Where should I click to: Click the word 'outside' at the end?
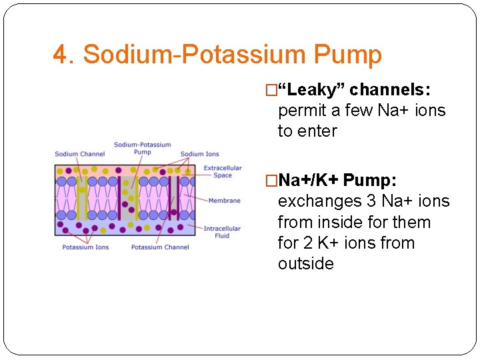coord(306,263)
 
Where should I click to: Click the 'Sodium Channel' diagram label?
coord(80,154)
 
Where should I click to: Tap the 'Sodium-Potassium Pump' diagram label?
coord(142,148)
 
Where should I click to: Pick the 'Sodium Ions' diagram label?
coord(200,154)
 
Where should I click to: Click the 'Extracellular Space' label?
coord(223,171)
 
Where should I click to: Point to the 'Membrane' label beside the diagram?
coord(224,200)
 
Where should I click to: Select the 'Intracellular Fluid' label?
coord(222,232)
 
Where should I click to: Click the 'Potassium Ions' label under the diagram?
coord(85,247)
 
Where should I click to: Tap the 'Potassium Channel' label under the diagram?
coord(160,247)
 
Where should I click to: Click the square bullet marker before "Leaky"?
coord(271,90)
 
